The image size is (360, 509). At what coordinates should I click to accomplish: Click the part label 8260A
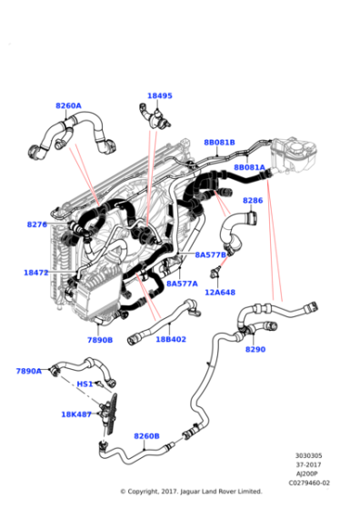click(x=68, y=105)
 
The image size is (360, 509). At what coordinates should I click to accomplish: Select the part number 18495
click(x=160, y=95)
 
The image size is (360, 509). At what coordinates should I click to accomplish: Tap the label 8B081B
click(x=219, y=143)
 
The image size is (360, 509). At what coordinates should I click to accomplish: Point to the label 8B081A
click(x=249, y=167)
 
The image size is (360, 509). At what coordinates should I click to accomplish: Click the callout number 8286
click(x=253, y=200)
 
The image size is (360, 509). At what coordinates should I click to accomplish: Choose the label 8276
click(x=37, y=224)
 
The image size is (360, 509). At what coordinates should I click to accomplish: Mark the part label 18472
click(x=36, y=272)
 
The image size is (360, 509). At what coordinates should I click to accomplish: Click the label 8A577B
click(x=210, y=255)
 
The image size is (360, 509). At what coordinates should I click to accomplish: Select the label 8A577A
click(x=181, y=284)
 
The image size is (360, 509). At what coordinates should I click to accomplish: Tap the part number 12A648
click(x=219, y=292)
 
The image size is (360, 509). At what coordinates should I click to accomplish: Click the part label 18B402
click(x=171, y=339)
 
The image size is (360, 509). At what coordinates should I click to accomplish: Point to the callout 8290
click(x=255, y=349)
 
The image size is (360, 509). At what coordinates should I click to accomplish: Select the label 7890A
click(x=29, y=371)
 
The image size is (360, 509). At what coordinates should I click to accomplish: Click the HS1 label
click(x=84, y=384)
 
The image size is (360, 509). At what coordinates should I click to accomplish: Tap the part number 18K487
click(x=75, y=414)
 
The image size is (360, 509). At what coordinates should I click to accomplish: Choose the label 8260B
click(x=146, y=436)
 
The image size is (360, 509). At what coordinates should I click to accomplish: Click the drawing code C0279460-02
click(x=311, y=483)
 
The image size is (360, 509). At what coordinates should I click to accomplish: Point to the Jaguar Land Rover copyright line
click(x=191, y=492)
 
